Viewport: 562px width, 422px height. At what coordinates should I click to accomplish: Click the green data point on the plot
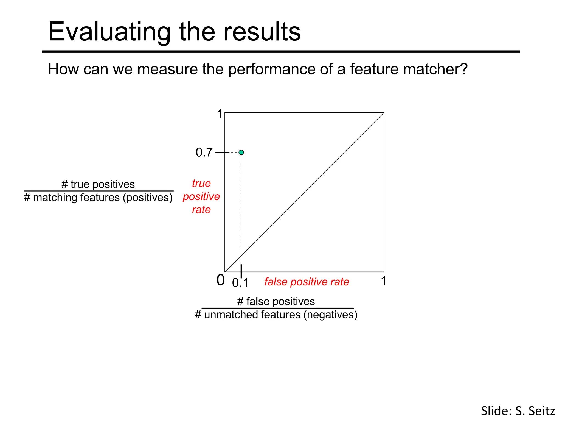coord(241,152)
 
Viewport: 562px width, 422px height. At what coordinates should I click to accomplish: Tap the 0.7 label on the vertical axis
coord(204,152)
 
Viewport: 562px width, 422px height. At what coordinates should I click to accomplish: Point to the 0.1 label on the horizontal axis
coord(240,283)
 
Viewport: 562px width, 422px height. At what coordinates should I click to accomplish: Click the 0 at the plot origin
coord(220,281)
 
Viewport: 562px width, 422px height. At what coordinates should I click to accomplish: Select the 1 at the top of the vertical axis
coord(220,114)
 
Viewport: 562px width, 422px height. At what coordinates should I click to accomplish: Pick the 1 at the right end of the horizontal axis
coord(383,281)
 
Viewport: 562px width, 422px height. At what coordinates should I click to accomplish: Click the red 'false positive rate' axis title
coord(307,282)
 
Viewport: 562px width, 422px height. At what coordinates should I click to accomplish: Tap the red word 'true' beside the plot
coord(201,183)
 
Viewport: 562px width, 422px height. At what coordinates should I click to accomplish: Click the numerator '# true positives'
coord(98,184)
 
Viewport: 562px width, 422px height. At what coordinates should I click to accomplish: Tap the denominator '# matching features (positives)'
coord(98,198)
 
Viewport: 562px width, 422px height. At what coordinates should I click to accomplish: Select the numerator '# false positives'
coord(276,301)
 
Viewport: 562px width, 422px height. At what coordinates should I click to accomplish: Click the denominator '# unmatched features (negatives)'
coord(276,315)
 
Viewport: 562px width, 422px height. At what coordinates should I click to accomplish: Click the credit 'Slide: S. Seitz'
coord(518,411)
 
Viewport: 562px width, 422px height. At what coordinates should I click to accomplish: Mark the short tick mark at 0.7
coord(222,152)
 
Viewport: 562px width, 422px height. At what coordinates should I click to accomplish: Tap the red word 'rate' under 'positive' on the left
coord(201,210)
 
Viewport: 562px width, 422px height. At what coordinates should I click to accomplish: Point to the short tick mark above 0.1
coord(241,272)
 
